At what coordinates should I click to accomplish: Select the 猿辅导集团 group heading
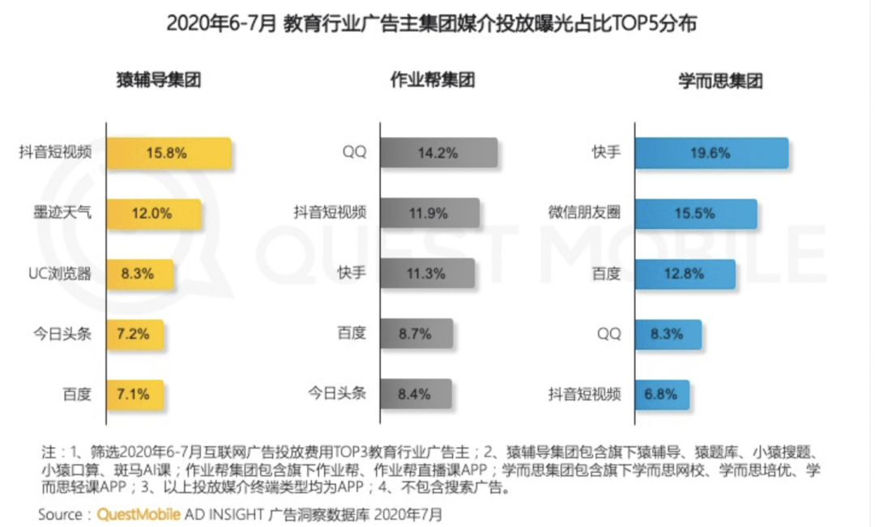[x=159, y=81]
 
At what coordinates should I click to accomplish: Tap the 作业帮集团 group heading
[x=432, y=81]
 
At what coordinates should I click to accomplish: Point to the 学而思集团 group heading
[x=720, y=81]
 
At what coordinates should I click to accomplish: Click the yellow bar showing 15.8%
[x=169, y=152]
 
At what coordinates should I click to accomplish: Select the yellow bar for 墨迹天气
[x=154, y=214]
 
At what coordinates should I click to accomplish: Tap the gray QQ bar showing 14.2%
[x=438, y=152]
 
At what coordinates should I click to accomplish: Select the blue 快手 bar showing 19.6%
[x=711, y=152]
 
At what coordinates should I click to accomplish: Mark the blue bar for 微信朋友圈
[x=696, y=214]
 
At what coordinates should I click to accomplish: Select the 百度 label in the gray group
[x=352, y=334]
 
